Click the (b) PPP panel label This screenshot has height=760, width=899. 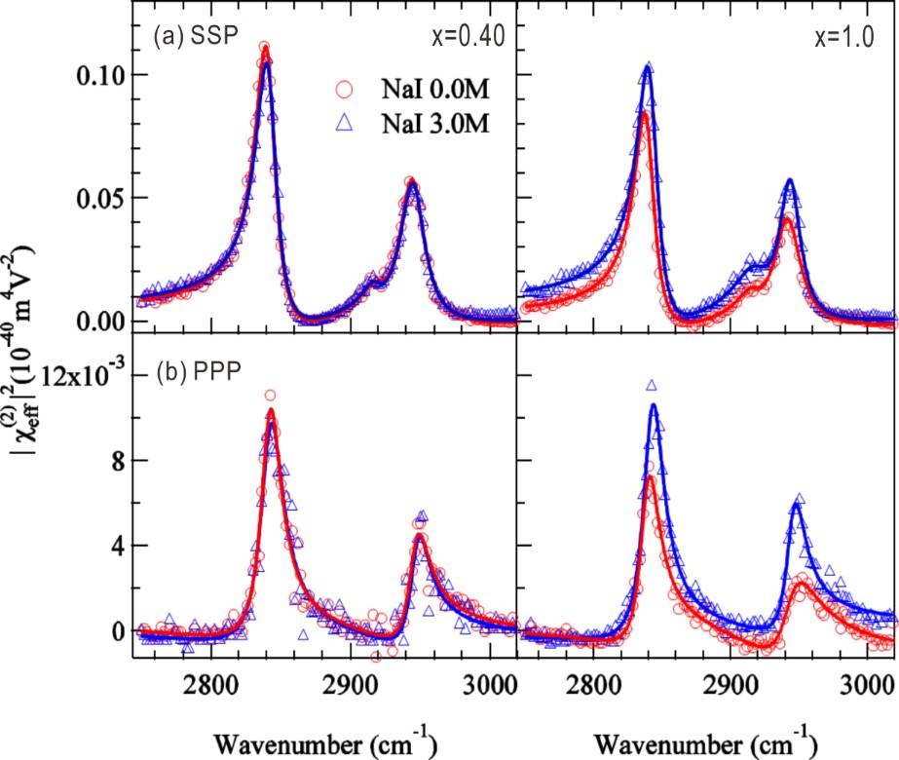(195, 376)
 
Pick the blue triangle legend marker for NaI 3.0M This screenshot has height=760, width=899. (341, 125)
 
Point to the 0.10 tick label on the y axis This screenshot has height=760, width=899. (101, 75)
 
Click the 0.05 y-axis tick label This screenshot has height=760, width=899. (101, 198)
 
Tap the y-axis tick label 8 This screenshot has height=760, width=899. (115, 461)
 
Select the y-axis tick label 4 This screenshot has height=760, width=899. (115, 546)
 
